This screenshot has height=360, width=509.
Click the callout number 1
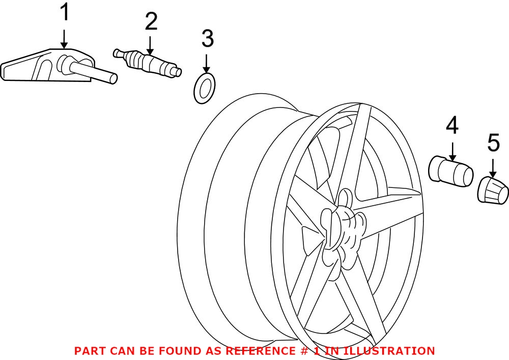pos(64,13)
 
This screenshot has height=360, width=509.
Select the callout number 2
pos(151,21)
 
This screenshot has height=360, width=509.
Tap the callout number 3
pos(207,39)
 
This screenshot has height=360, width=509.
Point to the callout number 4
pos(452,125)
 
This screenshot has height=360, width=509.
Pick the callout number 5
pos(493,144)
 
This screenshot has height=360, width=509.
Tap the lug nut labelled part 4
pos(449,170)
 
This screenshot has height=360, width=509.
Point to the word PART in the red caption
pos(90,351)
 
